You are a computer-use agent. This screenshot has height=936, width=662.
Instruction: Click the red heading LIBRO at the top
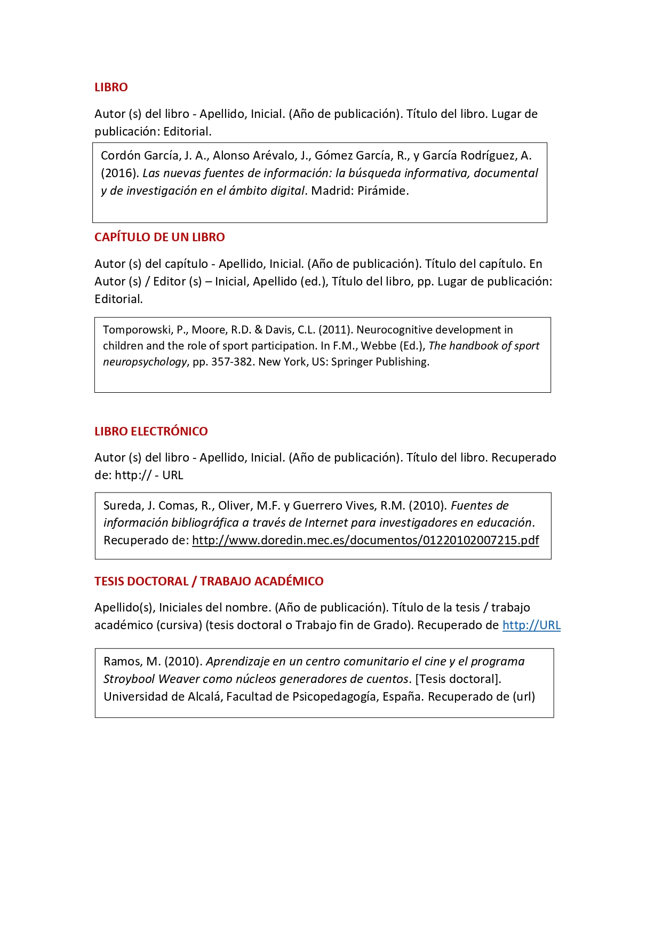click(x=111, y=88)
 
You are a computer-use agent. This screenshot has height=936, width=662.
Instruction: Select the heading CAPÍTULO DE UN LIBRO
click(x=159, y=237)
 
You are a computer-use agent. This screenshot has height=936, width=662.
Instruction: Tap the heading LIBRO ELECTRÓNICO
click(x=151, y=432)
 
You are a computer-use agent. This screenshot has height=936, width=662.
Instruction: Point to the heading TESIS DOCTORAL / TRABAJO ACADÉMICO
click(x=209, y=582)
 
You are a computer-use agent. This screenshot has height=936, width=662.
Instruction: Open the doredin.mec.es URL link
click(x=365, y=541)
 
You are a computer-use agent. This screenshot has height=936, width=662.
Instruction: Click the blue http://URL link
click(x=531, y=625)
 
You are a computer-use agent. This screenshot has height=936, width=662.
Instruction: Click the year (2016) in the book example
click(x=119, y=173)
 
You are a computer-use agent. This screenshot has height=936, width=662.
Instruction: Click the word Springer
click(x=352, y=362)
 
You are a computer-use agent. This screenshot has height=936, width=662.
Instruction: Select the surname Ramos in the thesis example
click(x=123, y=662)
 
